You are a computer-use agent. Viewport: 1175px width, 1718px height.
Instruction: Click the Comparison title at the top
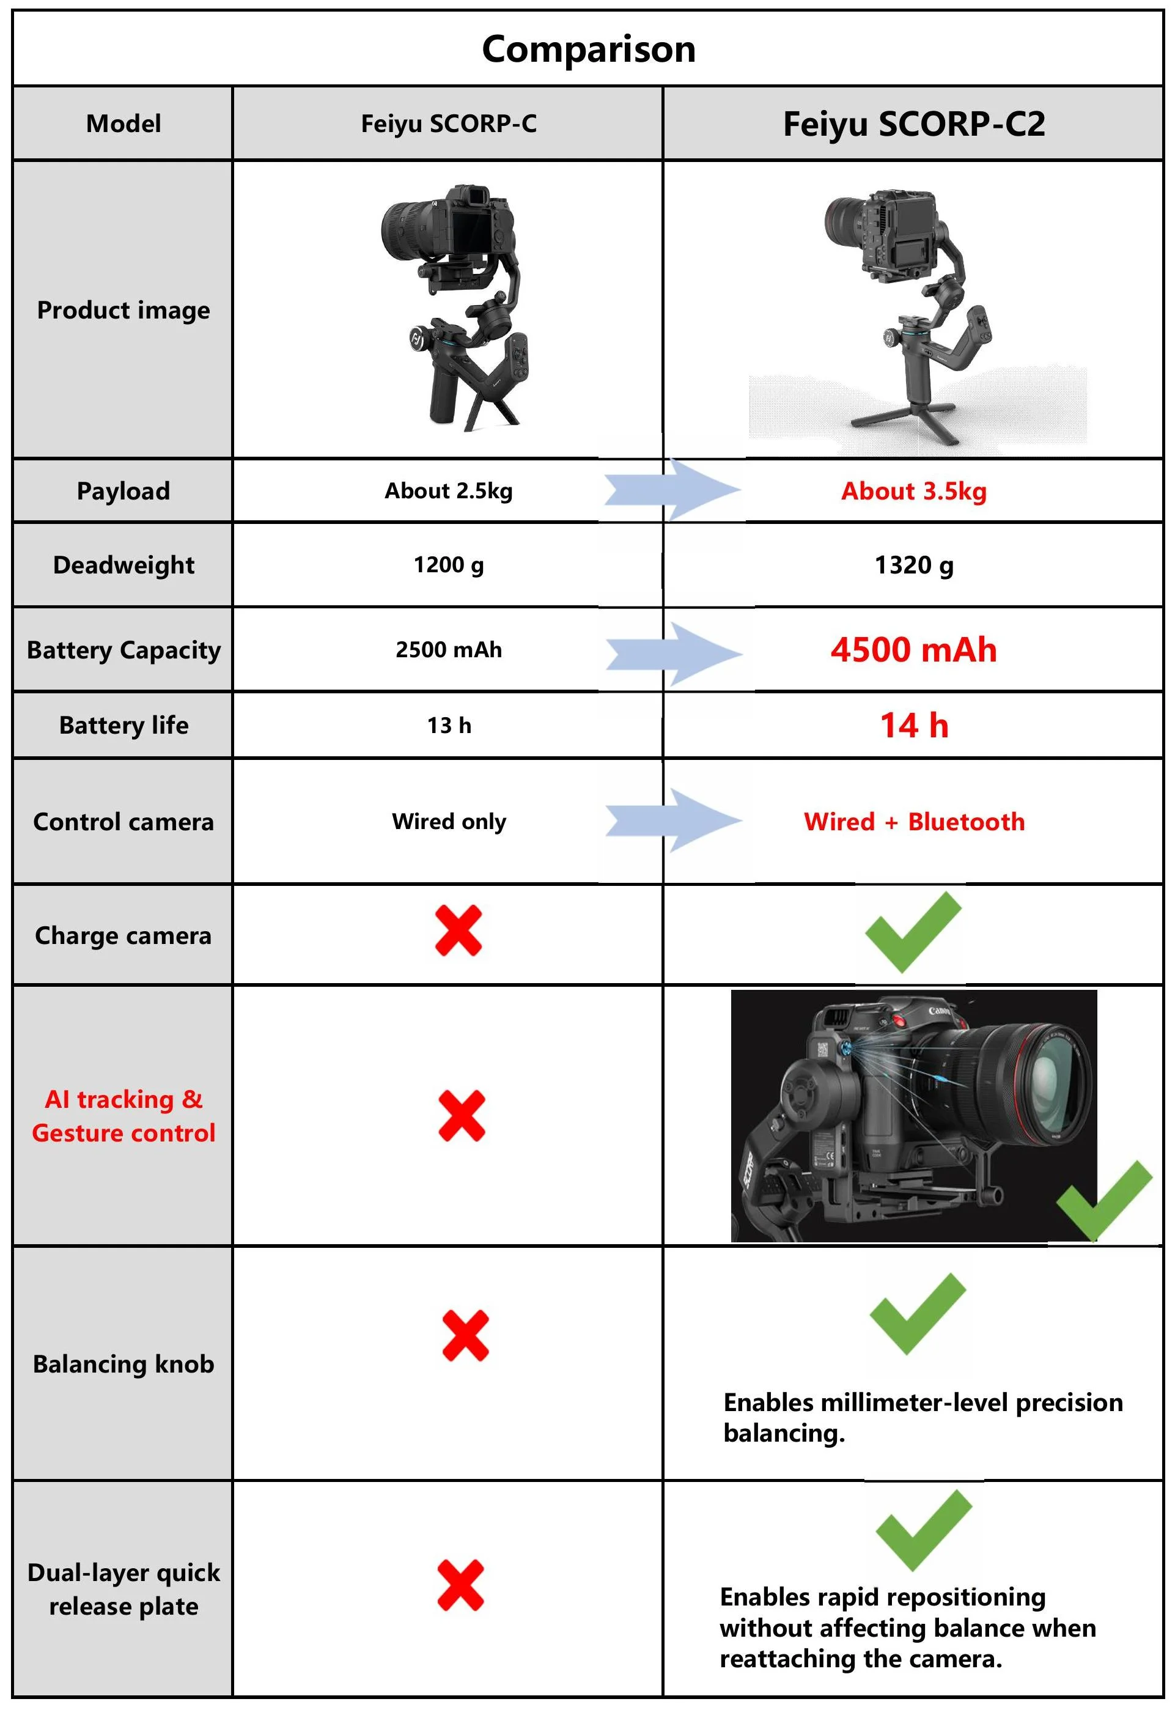click(588, 50)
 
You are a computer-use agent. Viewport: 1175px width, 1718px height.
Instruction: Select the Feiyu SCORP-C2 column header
click(913, 124)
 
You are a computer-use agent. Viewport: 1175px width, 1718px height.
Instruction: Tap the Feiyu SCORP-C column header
click(449, 124)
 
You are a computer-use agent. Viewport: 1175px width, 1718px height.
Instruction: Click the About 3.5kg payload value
click(913, 491)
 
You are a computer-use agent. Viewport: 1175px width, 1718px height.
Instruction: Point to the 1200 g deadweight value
click(449, 565)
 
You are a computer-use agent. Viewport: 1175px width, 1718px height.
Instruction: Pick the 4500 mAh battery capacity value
click(913, 650)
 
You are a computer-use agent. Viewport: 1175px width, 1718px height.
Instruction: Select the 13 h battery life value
click(449, 725)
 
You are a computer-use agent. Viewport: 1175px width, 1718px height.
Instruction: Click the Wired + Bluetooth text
click(913, 821)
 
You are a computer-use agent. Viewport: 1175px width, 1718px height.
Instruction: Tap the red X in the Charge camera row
click(458, 930)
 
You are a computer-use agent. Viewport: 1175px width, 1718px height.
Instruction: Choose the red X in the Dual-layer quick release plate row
click(460, 1585)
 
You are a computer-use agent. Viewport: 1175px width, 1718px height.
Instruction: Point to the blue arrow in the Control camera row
click(672, 820)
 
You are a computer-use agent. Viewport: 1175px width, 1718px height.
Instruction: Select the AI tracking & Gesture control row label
click(123, 1116)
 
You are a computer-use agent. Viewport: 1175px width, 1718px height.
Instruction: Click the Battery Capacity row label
click(123, 650)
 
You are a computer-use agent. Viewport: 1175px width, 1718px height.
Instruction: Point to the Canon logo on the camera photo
click(938, 1010)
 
